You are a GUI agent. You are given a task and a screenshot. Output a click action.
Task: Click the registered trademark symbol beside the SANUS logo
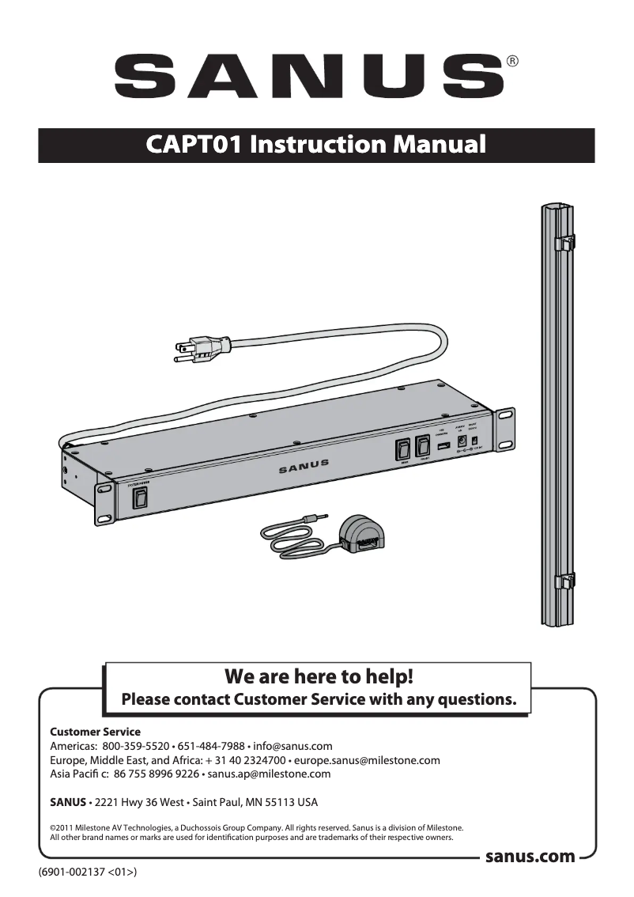[512, 61]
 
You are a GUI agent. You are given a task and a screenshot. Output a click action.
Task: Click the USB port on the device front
[442, 449]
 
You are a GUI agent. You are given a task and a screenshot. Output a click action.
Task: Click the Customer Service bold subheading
[95, 732]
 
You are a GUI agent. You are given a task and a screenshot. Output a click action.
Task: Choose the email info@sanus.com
[294, 746]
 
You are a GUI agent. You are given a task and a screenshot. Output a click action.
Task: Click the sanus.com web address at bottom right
[530, 857]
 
